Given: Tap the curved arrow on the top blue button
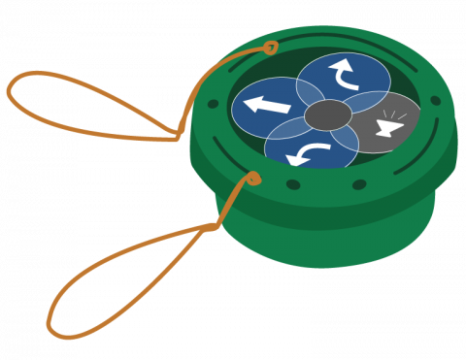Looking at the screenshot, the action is tap(344, 73).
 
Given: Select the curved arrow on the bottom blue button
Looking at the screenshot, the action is tap(309, 152).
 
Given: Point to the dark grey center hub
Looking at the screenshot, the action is tap(328, 115).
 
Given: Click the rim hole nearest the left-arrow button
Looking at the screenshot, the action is tap(213, 104).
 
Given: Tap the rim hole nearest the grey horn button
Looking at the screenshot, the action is tap(435, 100).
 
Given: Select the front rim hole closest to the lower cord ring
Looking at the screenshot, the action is tap(293, 184).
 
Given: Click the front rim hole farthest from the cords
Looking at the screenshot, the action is tap(359, 184).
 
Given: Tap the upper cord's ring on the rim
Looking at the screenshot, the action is tap(271, 47).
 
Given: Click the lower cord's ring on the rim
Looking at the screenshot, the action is tap(253, 179).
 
